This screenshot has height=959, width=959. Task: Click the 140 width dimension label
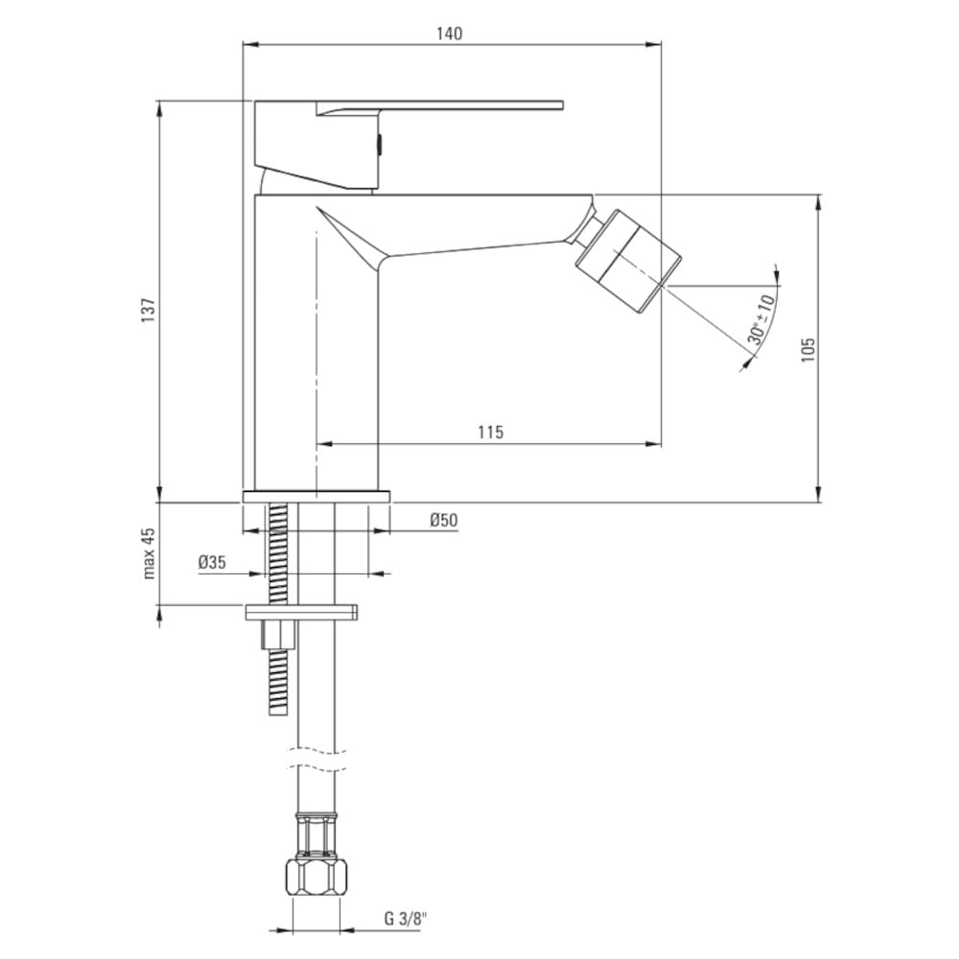pos(450,33)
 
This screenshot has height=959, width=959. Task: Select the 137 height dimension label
pos(149,310)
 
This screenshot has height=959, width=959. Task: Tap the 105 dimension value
pos(807,349)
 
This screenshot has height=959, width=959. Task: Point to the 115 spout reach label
pos(490,433)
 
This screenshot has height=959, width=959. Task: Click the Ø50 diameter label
pos(443,520)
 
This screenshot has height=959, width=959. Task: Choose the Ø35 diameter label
pos(212,562)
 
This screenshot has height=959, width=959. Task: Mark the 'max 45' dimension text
pos(150,553)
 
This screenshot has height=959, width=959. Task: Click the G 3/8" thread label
pos(406,918)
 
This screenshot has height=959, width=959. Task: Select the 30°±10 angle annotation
pos(761,319)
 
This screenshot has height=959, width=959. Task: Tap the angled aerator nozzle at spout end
pos(628,261)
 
